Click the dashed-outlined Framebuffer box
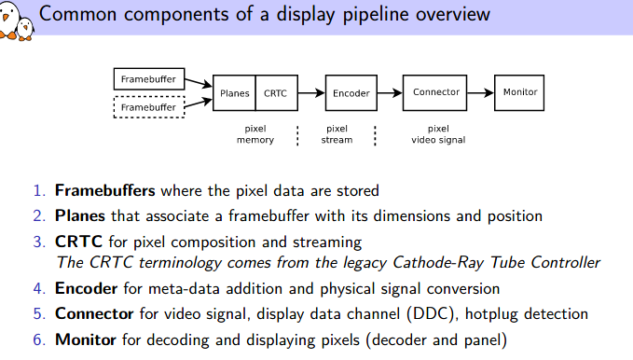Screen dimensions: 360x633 (148, 107)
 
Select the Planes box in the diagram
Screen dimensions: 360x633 (234, 93)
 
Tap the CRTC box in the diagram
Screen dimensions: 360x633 (275, 93)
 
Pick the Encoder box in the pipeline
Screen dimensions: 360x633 (351, 93)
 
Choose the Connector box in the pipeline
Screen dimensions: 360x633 (436, 93)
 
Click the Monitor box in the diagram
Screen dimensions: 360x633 (520, 93)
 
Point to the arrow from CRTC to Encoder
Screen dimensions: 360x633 (310, 93)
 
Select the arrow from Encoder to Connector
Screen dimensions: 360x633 (389, 93)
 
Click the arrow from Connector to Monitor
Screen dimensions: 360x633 (482, 93)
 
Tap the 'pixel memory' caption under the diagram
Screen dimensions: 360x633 (255, 134)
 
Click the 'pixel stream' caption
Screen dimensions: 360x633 (337, 134)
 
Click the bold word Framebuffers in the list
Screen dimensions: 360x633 (105, 191)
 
